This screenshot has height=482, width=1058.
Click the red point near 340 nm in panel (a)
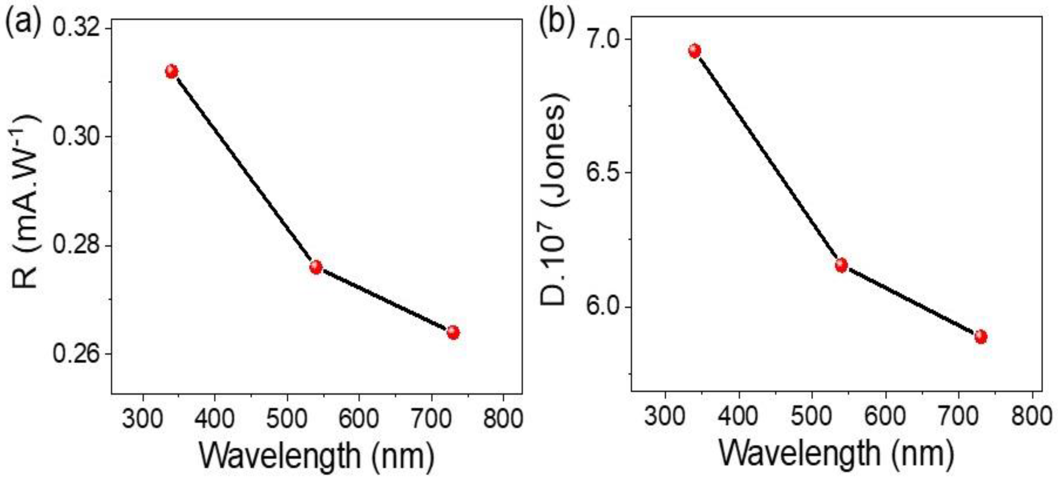(172, 72)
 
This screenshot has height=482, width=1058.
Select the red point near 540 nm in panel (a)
(316, 267)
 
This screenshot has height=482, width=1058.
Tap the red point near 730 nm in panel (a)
(453, 332)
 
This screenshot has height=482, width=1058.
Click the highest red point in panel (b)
(694, 51)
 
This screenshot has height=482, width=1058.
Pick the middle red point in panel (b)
(841, 265)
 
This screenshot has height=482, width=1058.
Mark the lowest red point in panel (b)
(981, 337)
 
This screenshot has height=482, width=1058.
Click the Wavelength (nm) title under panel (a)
(316, 456)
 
